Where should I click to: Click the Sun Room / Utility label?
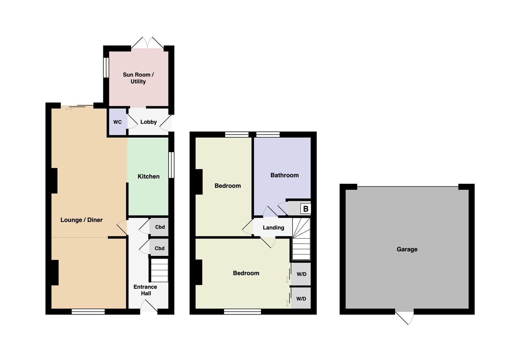pyautogui.click(x=138, y=78)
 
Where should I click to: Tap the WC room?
pyautogui.click(x=118, y=122)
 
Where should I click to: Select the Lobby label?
pyautogui.click(x=149, y=122)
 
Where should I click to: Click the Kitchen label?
pyautogui.click(x=149, y=177)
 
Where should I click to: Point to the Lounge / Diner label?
pyautogui.click(x=82, y=220)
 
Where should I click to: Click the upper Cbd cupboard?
pyautogui.click(x=159, y=227)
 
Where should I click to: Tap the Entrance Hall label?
pyautogui.click(x=145, y=290)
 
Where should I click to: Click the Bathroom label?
pyautogui.click(x=284, y=175)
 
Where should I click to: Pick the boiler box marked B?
pyautogui.click(x=305, y=209)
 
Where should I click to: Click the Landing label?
pyautogui.click(x=273, y=228)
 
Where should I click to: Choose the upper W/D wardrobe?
pyautogui.click(x=301, y=274)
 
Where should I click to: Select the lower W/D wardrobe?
pyautogui.click(x=301, y=298)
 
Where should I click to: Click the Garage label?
pyautogui.click(x=407, y=249)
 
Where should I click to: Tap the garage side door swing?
pyautogui.click(x=405, y=318)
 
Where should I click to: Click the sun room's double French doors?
pyautogui.click(x=148, y=43)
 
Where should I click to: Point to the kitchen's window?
pyautogui.click(x=171, y=165)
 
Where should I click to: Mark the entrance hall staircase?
pyautogui.click(x=160, y=270)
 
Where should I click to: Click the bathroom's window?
pyautogui.click(x=268, y=134)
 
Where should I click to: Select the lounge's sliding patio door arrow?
pyautogui.click(x=69, y=109)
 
